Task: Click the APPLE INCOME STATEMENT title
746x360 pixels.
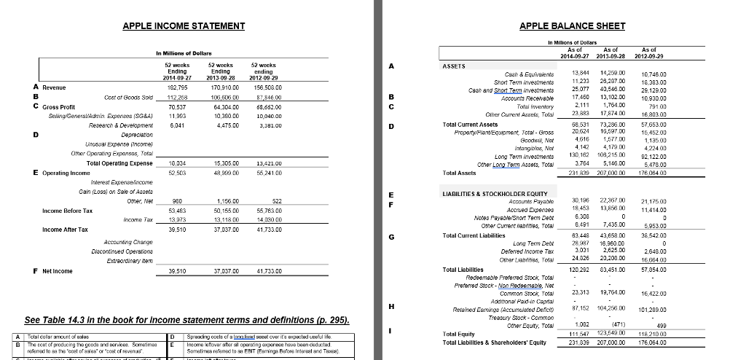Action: pyautogui.click(x=184, y=26)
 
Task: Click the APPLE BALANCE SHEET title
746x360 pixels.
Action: pyautogui.click(x=573, y=26)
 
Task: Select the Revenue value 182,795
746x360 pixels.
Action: pyautogui.click(x=178, y=87)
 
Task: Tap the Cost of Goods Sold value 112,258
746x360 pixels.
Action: pyautogui.click(x=178, y=97)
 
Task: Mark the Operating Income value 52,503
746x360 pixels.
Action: pyautogui.click(x=178, y=173)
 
